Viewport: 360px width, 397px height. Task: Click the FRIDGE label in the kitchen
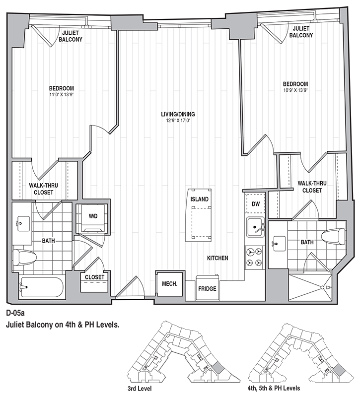pos(207,289)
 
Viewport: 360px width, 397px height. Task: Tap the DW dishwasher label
pos(256,204)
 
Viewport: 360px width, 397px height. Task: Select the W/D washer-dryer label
pos(93,216)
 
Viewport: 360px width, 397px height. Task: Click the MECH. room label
pos(169,284)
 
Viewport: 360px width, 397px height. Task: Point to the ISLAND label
pos(200,199)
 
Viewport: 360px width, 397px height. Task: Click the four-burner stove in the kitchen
pos(255,257)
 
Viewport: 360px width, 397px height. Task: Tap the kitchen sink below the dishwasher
pos(256,227)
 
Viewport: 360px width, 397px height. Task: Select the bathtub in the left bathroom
pos(42,287)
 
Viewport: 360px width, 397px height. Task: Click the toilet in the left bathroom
pos(24,257)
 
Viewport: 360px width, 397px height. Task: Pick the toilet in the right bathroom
pos(333,237)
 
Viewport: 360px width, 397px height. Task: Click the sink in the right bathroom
pos(279,244)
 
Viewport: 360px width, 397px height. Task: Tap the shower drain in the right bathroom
pos(322,287)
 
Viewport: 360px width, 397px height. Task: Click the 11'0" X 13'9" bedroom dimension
pos(61,95)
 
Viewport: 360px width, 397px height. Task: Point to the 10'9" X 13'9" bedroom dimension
pos(295,90)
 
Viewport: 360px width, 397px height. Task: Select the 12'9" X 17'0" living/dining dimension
pos(178,121)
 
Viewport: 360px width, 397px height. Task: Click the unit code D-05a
pos(15,313)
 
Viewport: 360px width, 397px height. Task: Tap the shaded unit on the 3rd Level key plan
pos(217,367)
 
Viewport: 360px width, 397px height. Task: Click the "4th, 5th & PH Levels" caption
pos(274,388)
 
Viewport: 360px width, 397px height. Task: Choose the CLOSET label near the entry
pos(94,277)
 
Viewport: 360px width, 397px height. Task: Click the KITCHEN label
pos(217,258)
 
